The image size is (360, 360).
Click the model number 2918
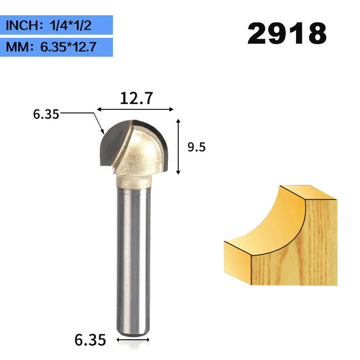point(287,33)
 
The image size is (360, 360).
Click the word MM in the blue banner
point(16,47)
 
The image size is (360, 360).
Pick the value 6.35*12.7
point(68,47)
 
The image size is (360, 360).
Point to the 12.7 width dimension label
point(136,97)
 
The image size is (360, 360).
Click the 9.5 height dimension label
point(196,147)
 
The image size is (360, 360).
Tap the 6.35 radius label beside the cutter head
point(46,114)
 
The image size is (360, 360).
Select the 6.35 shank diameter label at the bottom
point(91,340)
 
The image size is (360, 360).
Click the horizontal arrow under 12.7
point(135,109)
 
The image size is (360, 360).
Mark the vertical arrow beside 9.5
point(179,146)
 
